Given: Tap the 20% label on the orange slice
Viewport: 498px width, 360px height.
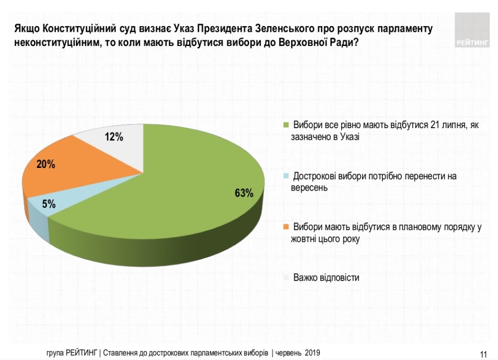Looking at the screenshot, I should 46,165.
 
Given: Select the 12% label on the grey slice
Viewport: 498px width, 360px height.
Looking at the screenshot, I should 114,138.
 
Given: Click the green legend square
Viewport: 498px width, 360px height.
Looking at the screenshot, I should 286,126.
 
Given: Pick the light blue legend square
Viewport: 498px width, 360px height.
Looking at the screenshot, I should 286,176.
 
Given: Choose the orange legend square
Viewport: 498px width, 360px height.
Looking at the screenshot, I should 286,227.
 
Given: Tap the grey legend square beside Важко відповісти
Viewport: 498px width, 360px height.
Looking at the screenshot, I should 286,277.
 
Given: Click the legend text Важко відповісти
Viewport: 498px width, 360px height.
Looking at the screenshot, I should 326,277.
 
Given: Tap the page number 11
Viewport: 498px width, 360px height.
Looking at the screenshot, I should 483,354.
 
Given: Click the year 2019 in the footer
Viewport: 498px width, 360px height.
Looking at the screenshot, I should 312,353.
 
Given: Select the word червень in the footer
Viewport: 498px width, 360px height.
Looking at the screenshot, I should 289,353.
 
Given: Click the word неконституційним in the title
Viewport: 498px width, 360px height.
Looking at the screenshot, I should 58,43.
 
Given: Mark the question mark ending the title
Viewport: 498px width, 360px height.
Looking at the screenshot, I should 355,43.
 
